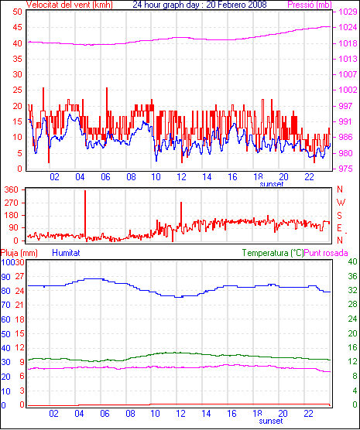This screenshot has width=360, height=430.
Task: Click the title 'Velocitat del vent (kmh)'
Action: pos(70,5)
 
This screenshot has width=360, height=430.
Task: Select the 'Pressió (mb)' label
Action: pos(310,5)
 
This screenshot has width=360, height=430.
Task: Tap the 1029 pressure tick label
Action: pos(348,12)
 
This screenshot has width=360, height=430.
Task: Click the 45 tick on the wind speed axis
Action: pos(17,28)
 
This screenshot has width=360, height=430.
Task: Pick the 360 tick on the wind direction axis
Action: pos(12,189)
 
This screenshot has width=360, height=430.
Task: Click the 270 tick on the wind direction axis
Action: pos(12,203)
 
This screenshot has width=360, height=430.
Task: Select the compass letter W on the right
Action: pos(341,203)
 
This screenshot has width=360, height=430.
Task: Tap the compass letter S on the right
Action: pos(340,216)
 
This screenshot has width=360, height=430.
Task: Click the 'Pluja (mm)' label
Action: pos(19,253)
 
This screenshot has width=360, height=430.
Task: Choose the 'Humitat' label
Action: pos(66,253)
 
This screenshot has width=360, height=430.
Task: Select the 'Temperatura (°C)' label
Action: pos(273,253)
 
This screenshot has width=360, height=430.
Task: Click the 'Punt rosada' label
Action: pos(326,253)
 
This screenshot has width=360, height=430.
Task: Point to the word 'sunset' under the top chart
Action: pos(271,184)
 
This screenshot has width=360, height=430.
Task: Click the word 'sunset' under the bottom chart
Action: pos(271,421)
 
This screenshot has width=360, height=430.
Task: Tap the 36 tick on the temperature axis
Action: pos(352,276)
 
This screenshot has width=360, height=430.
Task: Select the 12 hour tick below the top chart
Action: pos(181,177)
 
